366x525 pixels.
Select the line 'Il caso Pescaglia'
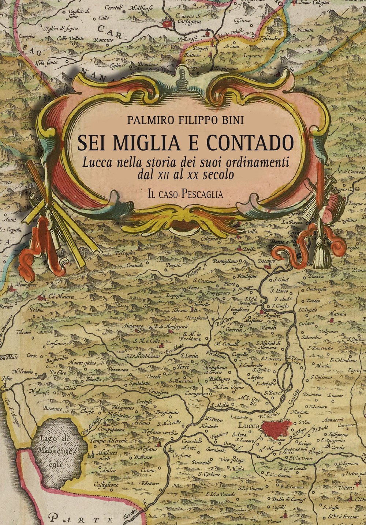coord(185,194)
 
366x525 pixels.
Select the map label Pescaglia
coord(125,253)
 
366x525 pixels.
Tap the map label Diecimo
coord(266,261)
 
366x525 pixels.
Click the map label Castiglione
coord(106,484)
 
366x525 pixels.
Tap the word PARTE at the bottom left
coord(80,518)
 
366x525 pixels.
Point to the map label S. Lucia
coord(190,355)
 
